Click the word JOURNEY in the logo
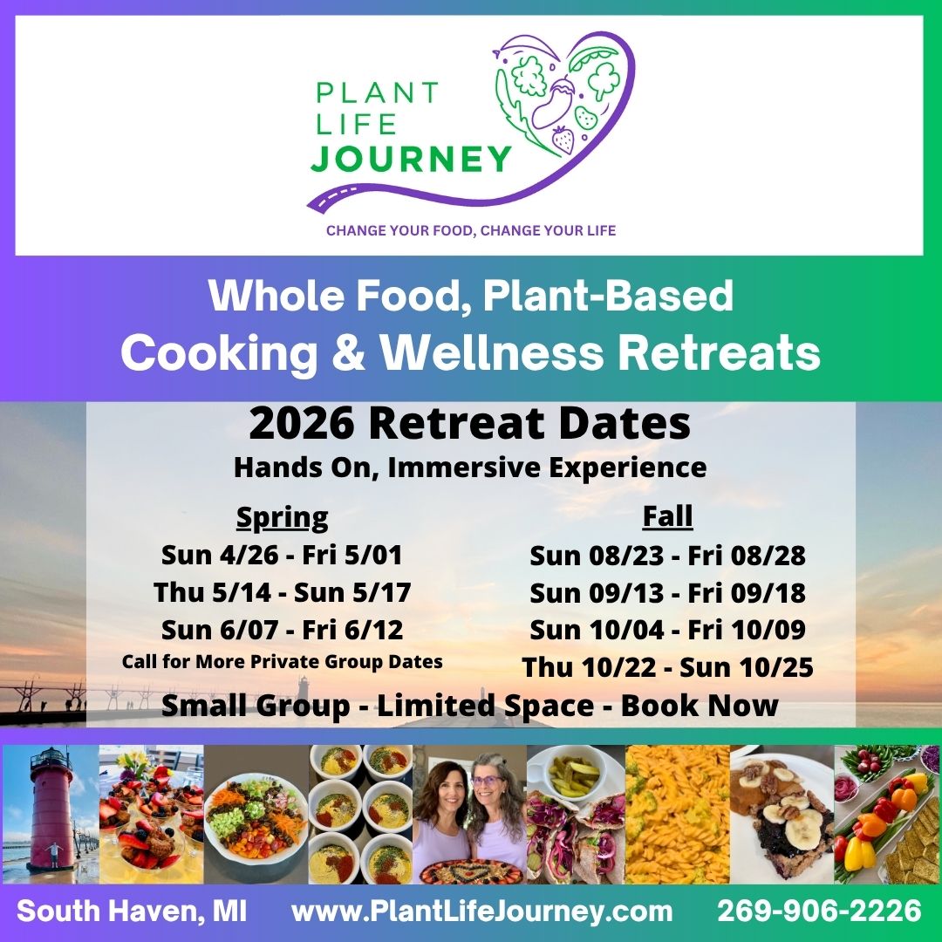coord(411,160)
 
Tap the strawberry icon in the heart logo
coord(563,140)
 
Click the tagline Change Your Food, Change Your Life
coord(471,230)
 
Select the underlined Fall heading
coord(667,516)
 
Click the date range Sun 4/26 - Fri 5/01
coord(282,555)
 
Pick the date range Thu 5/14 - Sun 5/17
coord(283,592)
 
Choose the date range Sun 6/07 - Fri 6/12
coord(283,630)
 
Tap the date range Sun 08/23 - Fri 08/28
coord(667,556)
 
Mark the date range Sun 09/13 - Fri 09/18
coord(667,593)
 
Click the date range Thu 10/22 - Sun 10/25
coord(667,667)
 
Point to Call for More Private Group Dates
coord(283,661)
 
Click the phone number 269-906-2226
coord(819,911)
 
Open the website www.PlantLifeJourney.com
coord(481,911)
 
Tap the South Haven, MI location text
coord(132,911)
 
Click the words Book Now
coord(700,706)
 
